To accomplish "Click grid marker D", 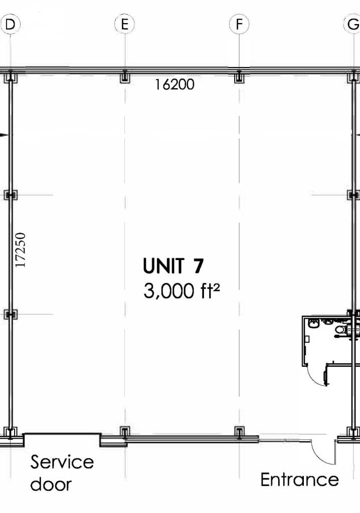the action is coord(10,24).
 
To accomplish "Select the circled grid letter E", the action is coord(124,24).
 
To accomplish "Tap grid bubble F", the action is coord(239,24).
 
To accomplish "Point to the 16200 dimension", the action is coord(174,84).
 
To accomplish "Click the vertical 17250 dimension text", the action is coord(21,250).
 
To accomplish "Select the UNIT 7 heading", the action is coord(173,266).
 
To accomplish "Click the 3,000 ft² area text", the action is coord(182,291).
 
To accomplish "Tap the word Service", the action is coord(62,462).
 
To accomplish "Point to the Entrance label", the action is coord(300,479).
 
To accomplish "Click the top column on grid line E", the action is coord(124,77).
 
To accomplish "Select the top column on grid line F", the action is coord(239,77).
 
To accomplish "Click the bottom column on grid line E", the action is coord(124,432).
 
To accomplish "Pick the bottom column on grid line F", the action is coord(239,432).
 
